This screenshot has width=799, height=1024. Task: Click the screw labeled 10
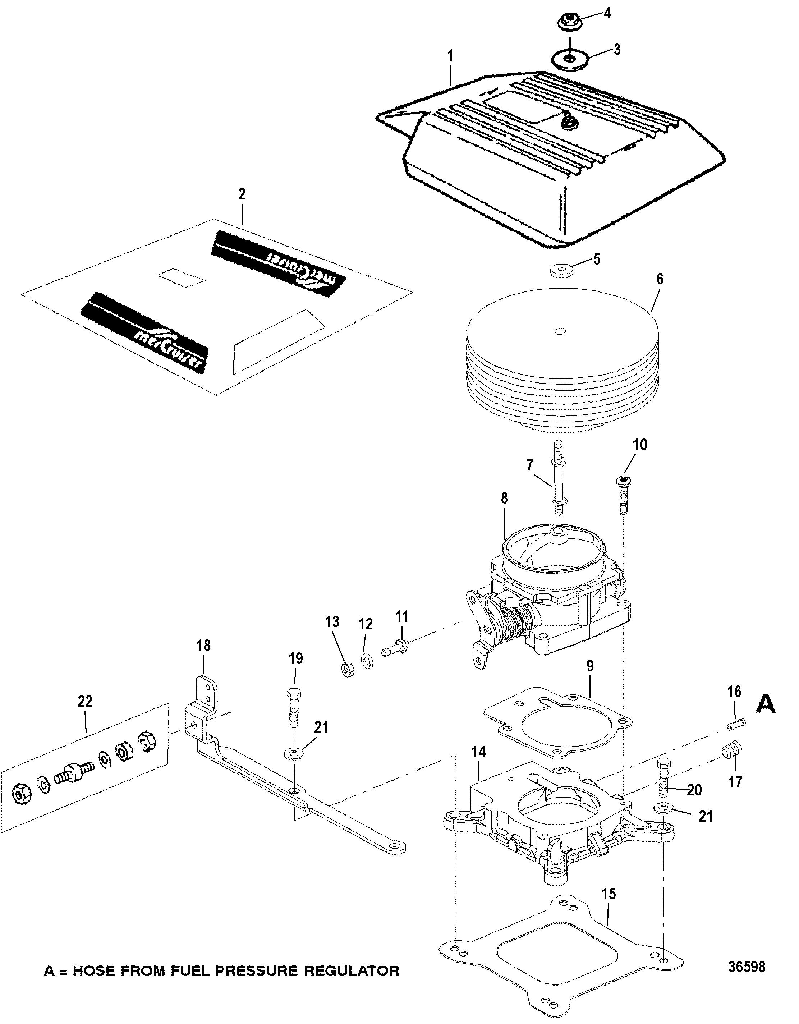click(x=624, y=495)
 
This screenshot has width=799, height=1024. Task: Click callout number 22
click(x=85, y=701)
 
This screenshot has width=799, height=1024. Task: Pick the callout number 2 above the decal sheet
click(x=242, y=194)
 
